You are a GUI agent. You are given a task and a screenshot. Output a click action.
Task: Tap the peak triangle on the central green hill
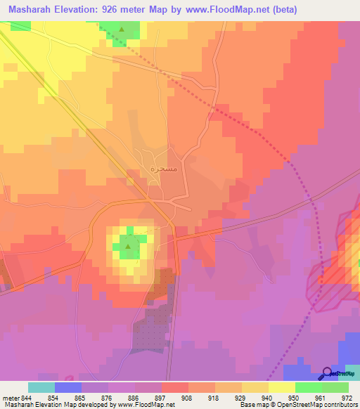128,246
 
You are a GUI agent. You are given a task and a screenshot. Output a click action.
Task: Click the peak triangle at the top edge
122,30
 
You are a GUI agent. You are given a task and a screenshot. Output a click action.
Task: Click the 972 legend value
345,397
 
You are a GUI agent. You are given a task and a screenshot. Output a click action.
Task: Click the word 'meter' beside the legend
10,397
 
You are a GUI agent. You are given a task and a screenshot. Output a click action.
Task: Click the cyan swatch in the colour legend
41,387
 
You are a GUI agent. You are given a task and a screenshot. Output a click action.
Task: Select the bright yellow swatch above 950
281,387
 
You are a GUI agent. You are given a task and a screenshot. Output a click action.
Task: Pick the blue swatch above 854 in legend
68,387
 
